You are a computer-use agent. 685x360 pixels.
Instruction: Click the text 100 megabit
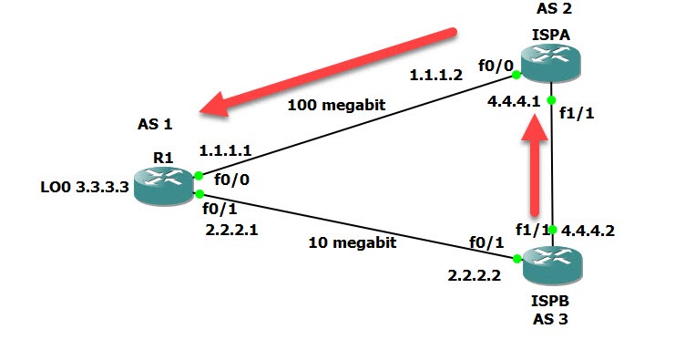click(336, 105)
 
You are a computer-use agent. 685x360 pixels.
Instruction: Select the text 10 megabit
click(352, 242)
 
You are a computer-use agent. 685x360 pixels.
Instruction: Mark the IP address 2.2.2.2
click(475, 275)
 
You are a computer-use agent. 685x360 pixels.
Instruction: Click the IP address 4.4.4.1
click(516, 102)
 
